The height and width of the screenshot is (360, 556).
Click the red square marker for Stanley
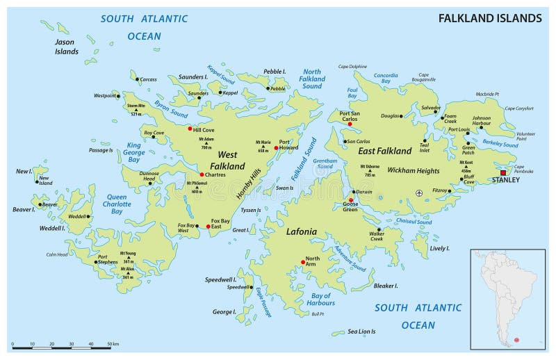(x=502, y=172)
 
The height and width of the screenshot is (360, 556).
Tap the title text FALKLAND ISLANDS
(x=490, y=18)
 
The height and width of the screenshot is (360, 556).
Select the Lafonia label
(x=300, y=231)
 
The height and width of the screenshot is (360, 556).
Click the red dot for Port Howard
(x=276, y=148)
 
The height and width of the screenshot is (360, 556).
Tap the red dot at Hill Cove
(x=189, y=129)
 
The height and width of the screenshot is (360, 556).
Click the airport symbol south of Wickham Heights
(x=418, y=193)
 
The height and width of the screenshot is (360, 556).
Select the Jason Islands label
(x=67, y=47)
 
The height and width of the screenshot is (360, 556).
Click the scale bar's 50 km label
(x=113, y=344)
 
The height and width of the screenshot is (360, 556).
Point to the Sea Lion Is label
(x=361, y=332)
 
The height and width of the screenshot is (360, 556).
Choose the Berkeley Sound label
(x=501, y=145)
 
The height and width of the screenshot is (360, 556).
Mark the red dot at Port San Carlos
(x=350, y=124)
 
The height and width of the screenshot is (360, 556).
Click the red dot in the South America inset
(x=516, y=340)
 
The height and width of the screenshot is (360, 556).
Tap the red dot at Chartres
(x=202, y=174)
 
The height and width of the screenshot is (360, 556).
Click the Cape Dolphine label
(x=352, y=67)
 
